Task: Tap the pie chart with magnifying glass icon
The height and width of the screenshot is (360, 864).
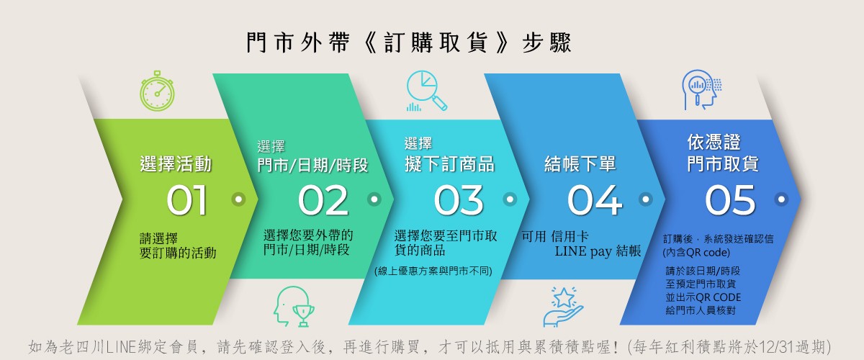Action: point(426,91)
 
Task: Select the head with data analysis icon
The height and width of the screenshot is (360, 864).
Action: point(701,89)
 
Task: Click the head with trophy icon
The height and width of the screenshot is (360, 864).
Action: point(294,307)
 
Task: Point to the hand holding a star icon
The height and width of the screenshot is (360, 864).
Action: point(563,307)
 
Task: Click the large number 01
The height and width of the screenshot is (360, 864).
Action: point(187,200)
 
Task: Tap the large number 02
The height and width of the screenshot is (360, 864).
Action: point(323,200)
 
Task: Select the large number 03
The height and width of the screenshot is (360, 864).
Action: point(459,200)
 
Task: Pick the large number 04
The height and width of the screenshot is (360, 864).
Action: point(595,200)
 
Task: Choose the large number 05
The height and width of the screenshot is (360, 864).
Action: point(730,200)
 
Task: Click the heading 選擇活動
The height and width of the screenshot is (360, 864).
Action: point(176,164)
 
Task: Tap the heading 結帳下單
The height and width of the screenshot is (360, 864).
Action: point(580,164)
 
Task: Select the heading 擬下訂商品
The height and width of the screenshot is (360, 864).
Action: point(449,164)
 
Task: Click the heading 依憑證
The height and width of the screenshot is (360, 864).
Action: point(714,142)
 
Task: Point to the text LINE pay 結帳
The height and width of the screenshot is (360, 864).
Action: point(598,251)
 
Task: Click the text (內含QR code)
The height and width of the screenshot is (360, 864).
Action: point(696,253)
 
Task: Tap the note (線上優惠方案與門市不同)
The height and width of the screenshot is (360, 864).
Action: point(433,271)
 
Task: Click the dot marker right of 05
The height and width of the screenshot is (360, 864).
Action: point(781,199)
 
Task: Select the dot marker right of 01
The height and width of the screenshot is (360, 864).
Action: point(238,199)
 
